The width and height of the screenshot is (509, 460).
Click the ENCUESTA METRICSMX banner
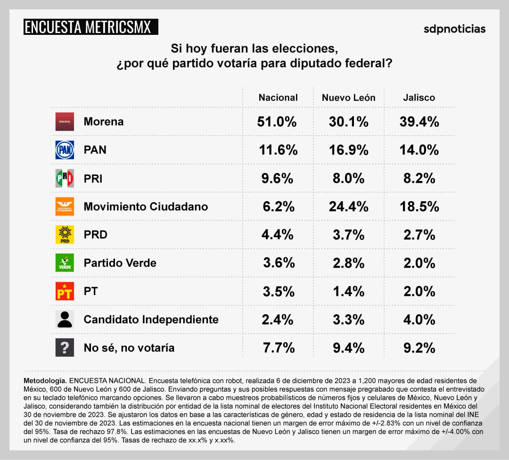point(90,27)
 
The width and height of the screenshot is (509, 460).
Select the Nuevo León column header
point(348,98)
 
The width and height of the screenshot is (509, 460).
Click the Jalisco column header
point(419,98)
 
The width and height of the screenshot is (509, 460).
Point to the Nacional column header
point(278,98)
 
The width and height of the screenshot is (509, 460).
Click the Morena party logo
point(65,122)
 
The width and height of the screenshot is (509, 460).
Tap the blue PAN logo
point(65,150)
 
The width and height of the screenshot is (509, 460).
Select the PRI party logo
point(65,178)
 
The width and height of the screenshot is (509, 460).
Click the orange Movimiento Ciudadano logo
point(65,206)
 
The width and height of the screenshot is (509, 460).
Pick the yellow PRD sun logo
point(65,235)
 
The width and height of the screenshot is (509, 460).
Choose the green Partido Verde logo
point(65,263)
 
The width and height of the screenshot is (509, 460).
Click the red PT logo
point(65,291)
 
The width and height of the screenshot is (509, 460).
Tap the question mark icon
point(65,348)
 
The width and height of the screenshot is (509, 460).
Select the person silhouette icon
point(65,320)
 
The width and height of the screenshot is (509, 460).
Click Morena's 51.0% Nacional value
point(277,122)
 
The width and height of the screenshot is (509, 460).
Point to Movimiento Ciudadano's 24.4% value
point(348,206)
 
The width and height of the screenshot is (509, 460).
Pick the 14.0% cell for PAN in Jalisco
point(419,150)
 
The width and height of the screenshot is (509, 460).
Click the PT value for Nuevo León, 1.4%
point(348,291)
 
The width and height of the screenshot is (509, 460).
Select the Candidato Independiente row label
point(151,320)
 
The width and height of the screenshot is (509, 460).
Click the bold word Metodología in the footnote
point(45,380)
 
